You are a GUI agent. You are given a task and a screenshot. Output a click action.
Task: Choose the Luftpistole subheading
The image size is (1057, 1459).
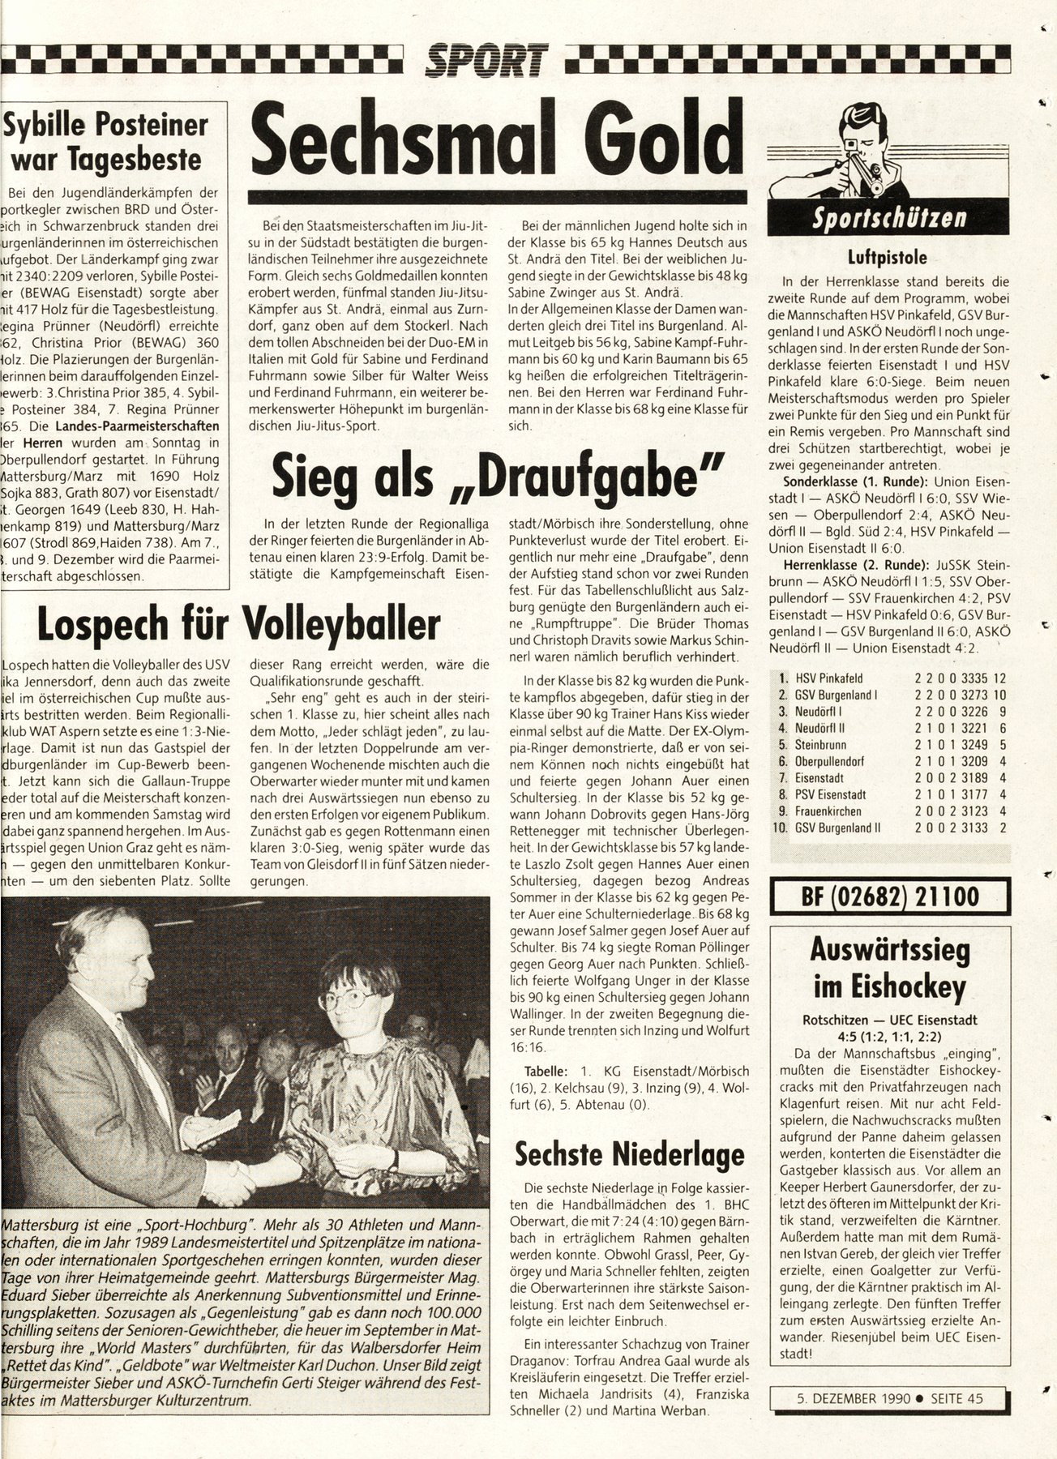888,259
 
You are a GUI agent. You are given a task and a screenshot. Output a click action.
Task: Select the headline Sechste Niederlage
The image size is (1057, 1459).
629,1153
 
